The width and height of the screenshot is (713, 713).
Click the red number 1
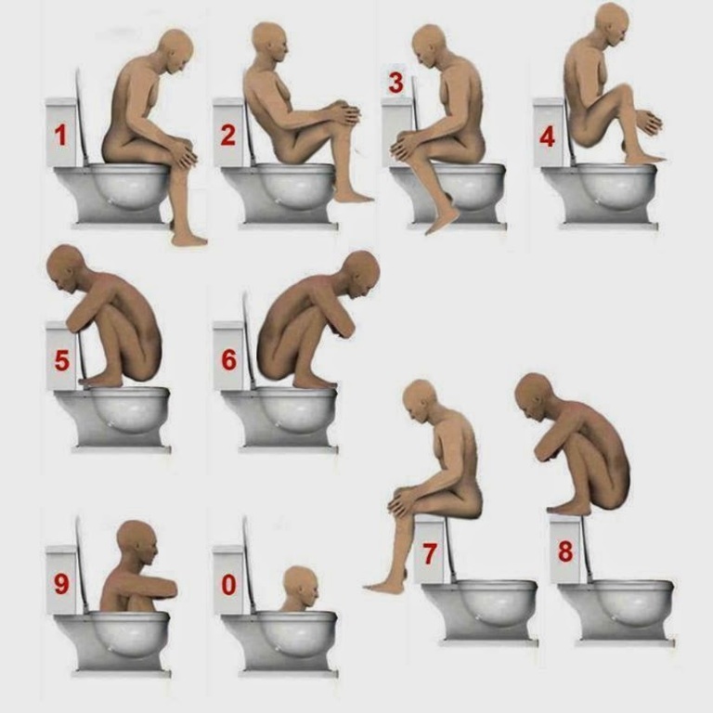click(60, 135)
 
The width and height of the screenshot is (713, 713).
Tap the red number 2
click(227, 135)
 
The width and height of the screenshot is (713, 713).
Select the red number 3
click(395, 83)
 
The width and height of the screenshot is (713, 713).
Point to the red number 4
click(547, 136)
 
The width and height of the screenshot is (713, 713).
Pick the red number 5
click(62, 360)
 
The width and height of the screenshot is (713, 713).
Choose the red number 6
click(229, 359)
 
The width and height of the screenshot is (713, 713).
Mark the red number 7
click(430, 553)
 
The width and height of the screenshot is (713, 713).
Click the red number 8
click(565, 551)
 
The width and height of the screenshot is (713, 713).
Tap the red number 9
click(62, 585)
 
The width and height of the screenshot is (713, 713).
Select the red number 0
click(228, 585)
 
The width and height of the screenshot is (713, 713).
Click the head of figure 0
click(300, 585)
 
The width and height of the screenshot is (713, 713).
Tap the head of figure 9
click(136, 543)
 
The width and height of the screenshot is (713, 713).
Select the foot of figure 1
click(189, 239)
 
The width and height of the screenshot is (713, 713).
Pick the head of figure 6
click(360, 274)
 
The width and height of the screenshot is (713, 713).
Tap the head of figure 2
click(270, 44)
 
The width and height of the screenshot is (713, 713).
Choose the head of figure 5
click(66, 268)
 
